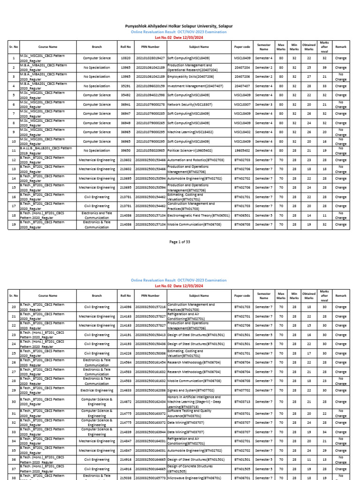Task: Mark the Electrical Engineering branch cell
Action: point(97,390)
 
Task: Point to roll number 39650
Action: point(125,150)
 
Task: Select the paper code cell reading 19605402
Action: point(242,150)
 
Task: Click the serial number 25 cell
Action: point(14,352)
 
